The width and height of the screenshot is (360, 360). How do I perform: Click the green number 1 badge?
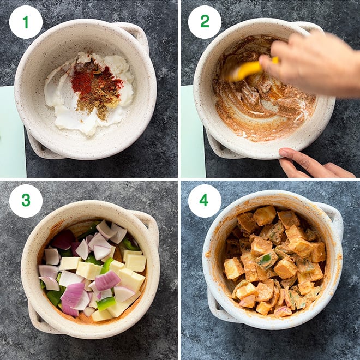pyautogui.click(x=26, y=22)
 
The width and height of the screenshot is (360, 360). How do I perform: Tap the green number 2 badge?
pyautogui.click(x=205, y=22)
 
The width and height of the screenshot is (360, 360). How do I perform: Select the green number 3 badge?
pyautogui.click(x=26, y=201)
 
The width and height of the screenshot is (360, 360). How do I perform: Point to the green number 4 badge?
pyautogui.click(x=205, y=201)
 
